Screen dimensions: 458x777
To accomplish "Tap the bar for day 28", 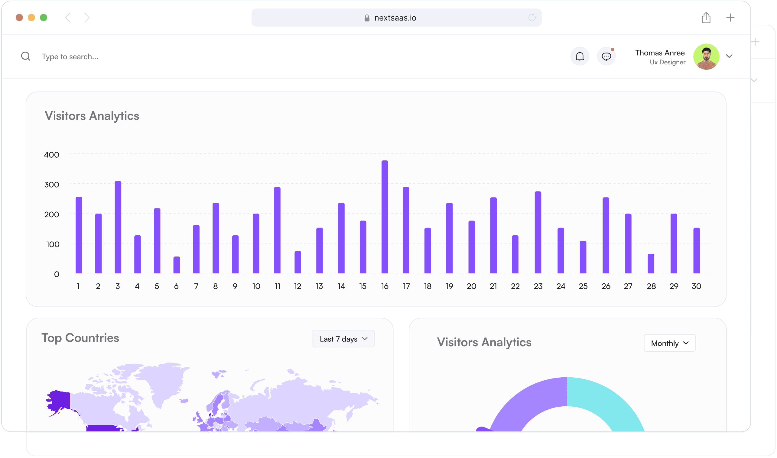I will [651, 263].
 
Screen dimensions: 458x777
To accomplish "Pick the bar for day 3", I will [118, 227].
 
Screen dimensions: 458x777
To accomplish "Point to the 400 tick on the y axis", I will [51, 155].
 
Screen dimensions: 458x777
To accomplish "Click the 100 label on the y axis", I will [53, 244].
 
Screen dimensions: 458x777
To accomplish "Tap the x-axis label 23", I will [538, 286].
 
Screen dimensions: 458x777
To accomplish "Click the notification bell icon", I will [580, 56].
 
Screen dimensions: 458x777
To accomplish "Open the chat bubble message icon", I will [606, 56].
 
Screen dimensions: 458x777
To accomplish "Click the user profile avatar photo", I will [706, 57].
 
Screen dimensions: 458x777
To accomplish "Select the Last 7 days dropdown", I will [343, 339].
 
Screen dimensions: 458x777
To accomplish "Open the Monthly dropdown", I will [670, 343].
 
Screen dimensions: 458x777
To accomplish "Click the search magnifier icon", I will [26, 56].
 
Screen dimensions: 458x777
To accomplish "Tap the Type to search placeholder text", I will [70, 57].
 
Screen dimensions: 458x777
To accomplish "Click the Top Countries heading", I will [80, 338].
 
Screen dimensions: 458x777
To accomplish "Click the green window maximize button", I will [44, 18].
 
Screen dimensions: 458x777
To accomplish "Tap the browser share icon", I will [706, 18].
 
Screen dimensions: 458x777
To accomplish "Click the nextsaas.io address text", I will [395, 18].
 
